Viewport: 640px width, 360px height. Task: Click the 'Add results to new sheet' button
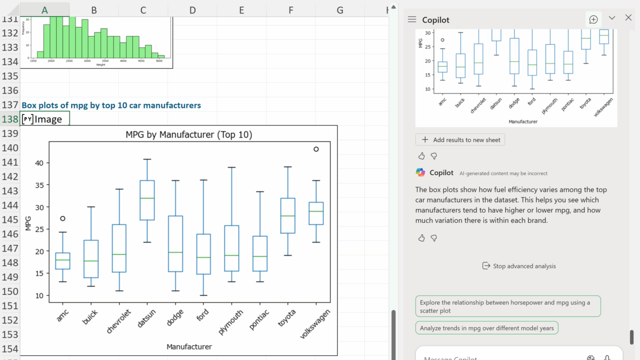[x=460, y=140]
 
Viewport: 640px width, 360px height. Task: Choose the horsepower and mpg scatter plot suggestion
[x=507, y=306]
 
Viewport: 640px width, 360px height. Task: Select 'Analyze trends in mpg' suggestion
[x=486, y=328]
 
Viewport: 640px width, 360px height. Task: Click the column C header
[x=143, y=10]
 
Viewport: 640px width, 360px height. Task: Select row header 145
[x=10, y=219]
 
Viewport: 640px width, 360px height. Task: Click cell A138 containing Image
[x=45, y=119]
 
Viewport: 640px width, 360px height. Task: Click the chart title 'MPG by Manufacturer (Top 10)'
[x=188, y=134]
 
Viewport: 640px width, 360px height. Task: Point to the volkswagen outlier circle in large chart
[x=316, y=149]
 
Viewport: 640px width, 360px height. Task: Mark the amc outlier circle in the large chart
[x=62, y=218]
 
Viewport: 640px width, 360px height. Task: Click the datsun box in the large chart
[x=147, y=200]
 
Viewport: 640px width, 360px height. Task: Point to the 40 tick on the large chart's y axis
[x=39, y=163]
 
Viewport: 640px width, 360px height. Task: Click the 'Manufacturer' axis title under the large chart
[x=189, y=346]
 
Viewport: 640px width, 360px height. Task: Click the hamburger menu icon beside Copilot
[x=412, y=19]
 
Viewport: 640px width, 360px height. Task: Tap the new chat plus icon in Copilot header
[x=593, y=19]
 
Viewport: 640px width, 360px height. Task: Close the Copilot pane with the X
[x=628, y=18]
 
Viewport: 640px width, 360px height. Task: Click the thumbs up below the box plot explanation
[x=421, y=238]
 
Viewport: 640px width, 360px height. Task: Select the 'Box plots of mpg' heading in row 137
[x=111, y=105]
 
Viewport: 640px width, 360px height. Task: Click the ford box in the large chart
[x=203, y=254]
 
